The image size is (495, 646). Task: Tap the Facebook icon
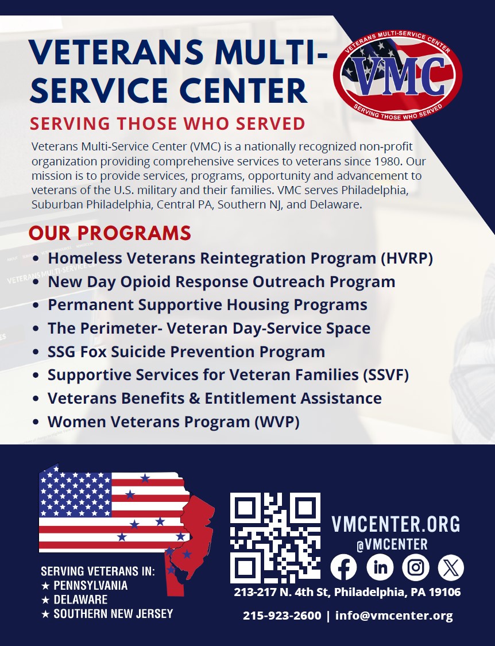(344, 567)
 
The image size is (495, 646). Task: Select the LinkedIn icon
(380, 567)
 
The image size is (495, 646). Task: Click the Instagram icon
(416, 567)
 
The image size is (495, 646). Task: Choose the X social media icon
(451, 567)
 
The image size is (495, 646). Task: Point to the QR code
(275, 537)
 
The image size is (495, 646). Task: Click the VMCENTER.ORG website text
(396, 524)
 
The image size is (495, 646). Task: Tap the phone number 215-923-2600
(282, 616)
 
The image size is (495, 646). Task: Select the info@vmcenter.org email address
(394, 616)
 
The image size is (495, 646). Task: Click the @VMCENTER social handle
(392, 544)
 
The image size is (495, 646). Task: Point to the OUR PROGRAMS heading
(110, 233)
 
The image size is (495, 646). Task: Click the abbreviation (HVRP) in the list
(407, 259)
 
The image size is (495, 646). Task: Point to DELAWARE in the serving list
(80, 599)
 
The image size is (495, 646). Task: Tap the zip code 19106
(444, 593)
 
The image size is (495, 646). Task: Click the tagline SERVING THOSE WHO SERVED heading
(167, 124)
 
